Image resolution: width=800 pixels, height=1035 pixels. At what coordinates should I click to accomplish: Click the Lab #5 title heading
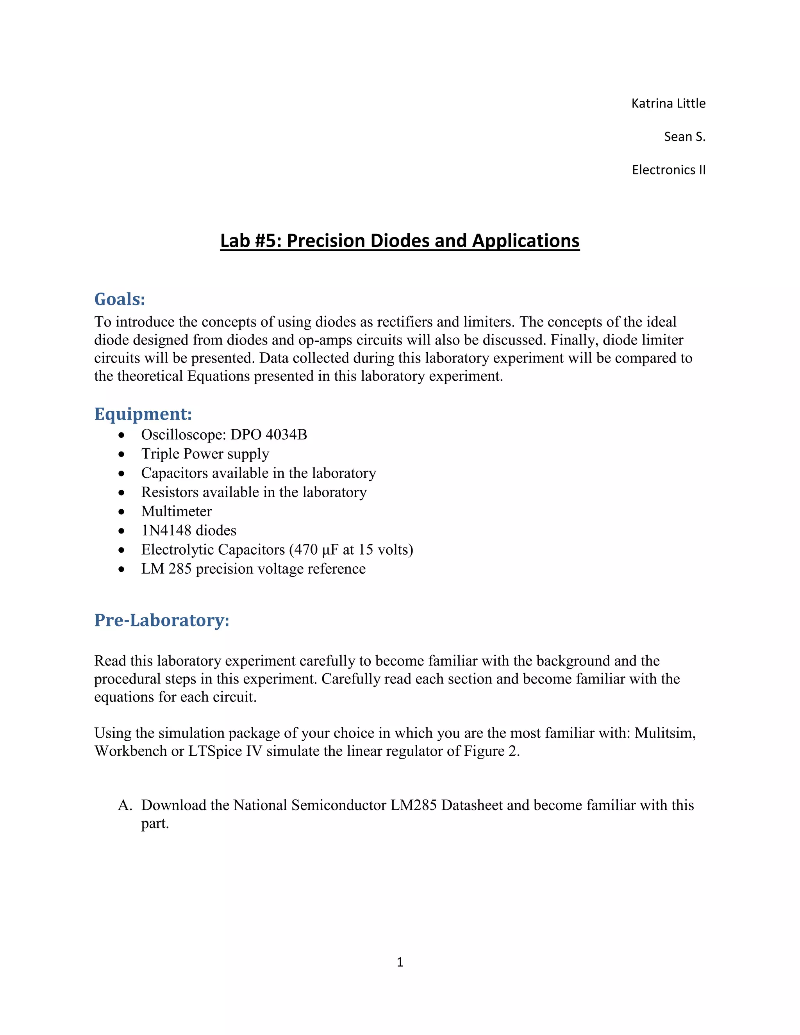tap(400, 241)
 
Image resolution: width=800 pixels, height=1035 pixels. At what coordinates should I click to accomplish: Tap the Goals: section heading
tap(120, 299)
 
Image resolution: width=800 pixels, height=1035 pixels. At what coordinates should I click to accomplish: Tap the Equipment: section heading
tap(143, 414)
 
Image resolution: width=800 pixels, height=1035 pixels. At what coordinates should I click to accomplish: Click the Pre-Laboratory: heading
tap(162, 620)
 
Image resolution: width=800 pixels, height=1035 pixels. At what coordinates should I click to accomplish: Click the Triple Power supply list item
tap(205, 453)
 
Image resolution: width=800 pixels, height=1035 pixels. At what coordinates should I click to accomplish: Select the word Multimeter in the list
tap(176, 511)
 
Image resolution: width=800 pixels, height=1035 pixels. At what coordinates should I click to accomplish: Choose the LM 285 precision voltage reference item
tap(253, 568)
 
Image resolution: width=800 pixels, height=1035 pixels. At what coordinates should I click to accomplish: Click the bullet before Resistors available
tap(122, 493)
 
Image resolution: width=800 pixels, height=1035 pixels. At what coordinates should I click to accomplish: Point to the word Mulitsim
tap(664, 733)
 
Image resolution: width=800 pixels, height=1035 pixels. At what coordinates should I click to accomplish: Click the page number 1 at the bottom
tap(400, 962)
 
